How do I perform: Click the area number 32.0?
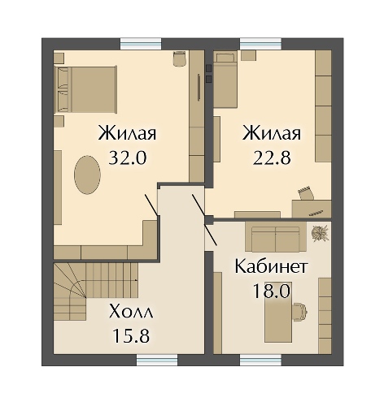[x=126, y=158]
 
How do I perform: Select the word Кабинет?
[x=270, y=266]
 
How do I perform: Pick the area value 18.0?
[x=270, y=290]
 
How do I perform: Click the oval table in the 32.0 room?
[x=88, y=174]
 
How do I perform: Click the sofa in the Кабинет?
[x=275, y=239]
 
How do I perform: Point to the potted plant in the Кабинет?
[x=319, y=232]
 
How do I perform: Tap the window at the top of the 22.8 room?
[x=261, y=44]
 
